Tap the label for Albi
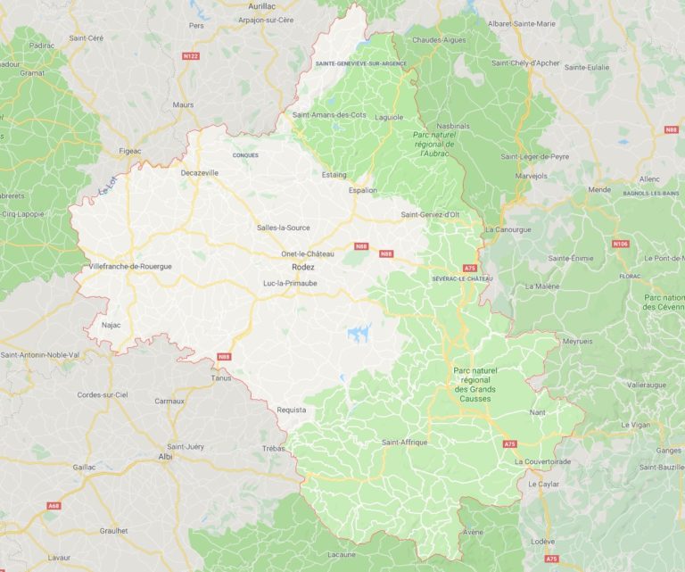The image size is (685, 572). point(165,456)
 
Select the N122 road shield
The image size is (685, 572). point(190,56)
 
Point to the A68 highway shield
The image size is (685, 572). point(54,506)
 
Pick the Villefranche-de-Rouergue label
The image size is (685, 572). point(130,266)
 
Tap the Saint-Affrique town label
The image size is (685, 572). point(404,442)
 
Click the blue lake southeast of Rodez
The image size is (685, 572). point(359,334)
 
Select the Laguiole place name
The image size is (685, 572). point(389,117)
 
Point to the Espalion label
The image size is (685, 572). point(362,190)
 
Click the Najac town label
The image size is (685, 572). point(111,325)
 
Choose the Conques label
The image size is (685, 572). point(245,155)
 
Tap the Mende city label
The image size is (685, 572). point(599,190)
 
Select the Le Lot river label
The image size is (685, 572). point(109,186)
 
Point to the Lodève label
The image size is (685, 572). point(541,542)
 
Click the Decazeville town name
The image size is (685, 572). point(200,172)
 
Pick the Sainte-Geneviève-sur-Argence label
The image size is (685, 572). point(361,64)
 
